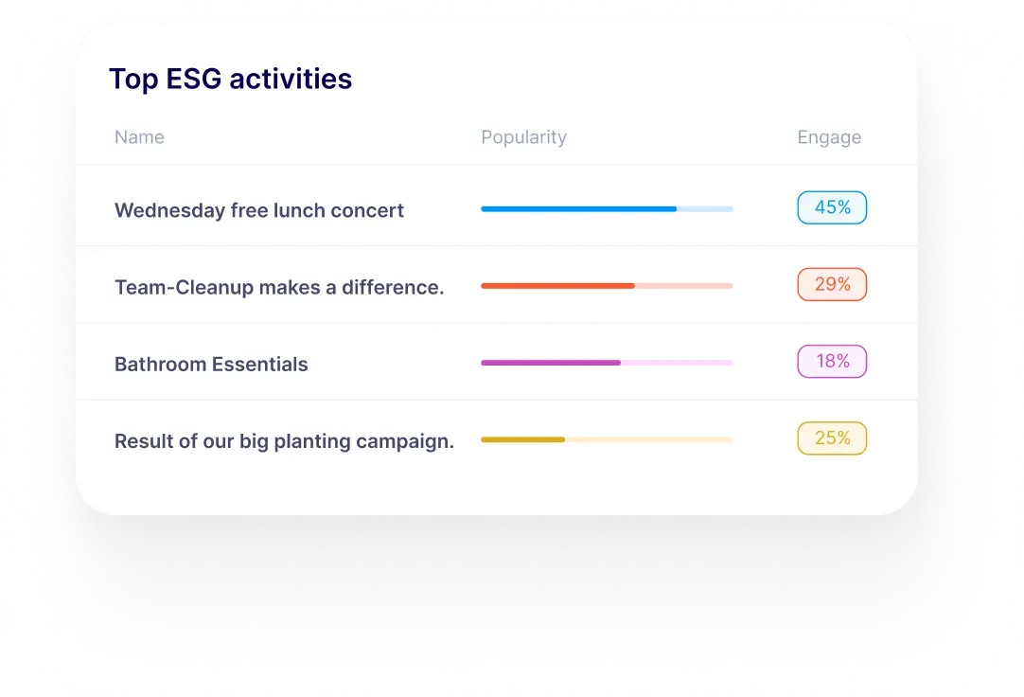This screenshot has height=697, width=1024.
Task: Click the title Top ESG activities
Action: coord(231,79)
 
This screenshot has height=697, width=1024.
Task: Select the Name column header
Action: coord(139,137)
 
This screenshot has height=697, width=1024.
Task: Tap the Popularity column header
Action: coord(523,137)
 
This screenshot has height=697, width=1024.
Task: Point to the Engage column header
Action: coord(829,137)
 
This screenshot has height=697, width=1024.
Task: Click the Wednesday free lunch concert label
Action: coord(259,210)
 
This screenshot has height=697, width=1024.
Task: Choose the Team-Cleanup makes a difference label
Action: coord(279,288)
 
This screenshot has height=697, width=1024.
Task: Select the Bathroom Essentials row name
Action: coord(211,364)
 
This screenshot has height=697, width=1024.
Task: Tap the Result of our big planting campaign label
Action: coord(284,441)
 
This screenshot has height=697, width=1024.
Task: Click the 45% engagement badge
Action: coord(832,207)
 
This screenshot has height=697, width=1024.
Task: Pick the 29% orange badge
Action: coord(832,285)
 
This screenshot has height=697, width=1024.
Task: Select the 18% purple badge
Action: coord(832,361)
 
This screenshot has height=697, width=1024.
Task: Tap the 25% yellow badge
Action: coord(832,438)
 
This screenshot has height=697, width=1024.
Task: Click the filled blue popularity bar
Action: coord(578,209)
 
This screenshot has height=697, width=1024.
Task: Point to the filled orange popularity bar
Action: coord(557,285)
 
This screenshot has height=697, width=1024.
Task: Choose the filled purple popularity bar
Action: coord(551,363)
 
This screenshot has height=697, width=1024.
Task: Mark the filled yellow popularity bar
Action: coord(522,439)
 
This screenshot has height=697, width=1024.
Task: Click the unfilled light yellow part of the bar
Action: coord(648,439)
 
